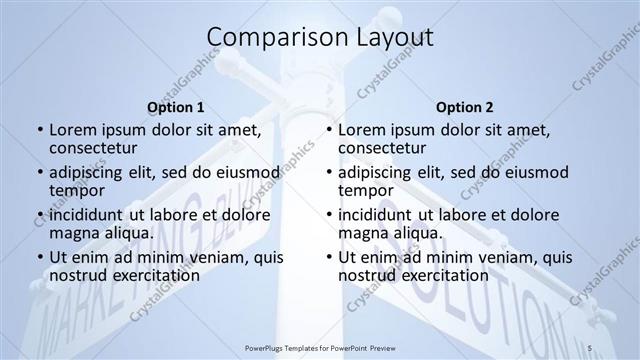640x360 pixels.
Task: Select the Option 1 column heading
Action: [176, 106]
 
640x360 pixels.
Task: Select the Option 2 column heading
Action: [464, 106]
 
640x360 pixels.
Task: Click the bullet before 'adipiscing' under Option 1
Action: [39, 172]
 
